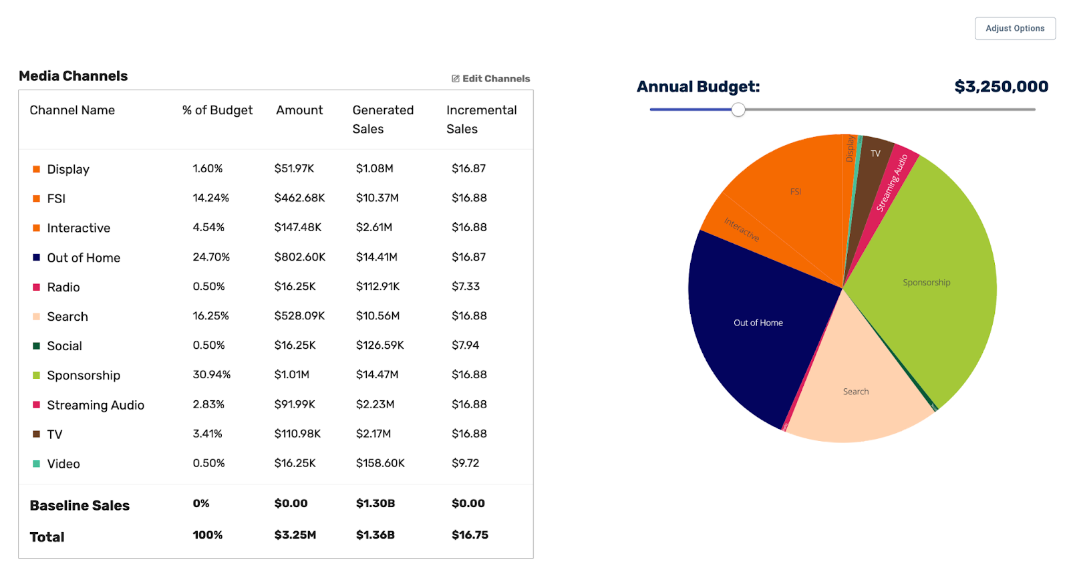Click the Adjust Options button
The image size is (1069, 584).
click(1015, 29)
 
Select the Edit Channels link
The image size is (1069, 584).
click(491, 79)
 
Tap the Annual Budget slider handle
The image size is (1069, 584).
click(738, 110)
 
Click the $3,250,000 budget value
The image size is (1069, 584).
click(1001, 87)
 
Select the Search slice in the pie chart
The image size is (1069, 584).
click(856, 391)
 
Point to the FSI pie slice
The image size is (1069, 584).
click(795, 192)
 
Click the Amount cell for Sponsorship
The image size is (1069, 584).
click(292, 375)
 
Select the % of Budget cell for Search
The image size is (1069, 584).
click(210, 316)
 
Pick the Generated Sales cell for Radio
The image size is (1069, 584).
click(377, 287)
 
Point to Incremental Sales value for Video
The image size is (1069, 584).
click(465, 463)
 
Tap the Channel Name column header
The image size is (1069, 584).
click(72, 110)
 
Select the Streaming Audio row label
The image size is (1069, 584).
click(96, 405)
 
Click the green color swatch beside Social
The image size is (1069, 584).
click(37, 346)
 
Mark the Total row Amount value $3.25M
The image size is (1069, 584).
click(295, 535)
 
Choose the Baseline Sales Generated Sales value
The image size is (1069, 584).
click(375, 504)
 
